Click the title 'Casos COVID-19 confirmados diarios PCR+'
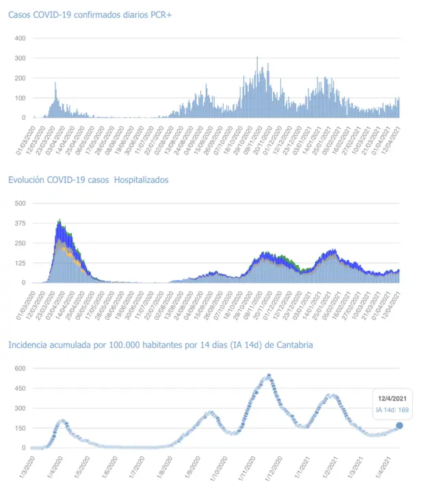(85, 14)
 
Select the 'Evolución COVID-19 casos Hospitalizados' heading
(88, 180)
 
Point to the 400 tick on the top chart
(20, 38)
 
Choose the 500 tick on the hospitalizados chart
(20, 204)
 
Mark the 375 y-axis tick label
(20, 223)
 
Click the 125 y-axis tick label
(20, 263)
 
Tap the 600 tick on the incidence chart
(20, 369)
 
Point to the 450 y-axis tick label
(20, 389)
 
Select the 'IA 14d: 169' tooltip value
(392, 410)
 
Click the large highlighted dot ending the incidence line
(399, 426)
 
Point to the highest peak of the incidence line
(269, 375)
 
